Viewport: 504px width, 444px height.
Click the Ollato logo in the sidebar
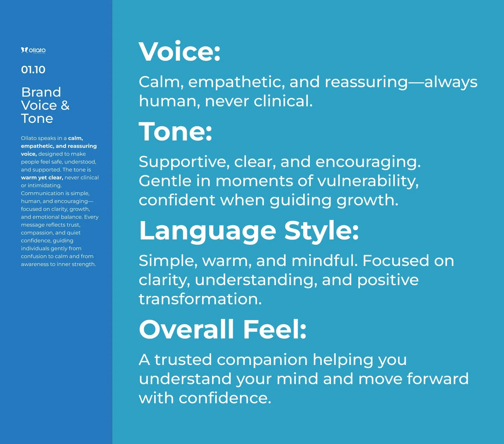[33, 50]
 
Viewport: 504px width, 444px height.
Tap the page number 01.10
[33, 70]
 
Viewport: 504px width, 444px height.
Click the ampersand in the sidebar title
[65, 105]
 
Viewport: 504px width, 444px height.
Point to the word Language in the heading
[208, 231]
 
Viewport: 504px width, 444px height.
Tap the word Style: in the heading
[322, 231]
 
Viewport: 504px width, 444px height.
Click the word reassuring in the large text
[366, 82]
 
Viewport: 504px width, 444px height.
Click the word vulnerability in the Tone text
[368, 181]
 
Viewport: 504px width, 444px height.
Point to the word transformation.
[200, 299]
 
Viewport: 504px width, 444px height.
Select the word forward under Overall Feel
[438, 379]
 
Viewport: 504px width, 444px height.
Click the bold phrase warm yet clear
[42, 177]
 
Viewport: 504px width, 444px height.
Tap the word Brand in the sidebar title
[41, 92]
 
